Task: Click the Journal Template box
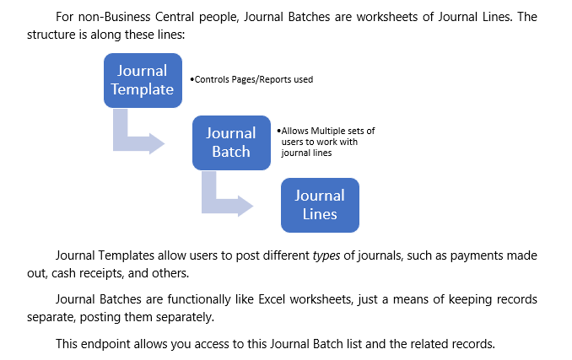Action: click(x=143, y=80)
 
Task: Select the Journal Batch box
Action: click(x=231, y=142)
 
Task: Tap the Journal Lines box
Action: click(x=320, y=205)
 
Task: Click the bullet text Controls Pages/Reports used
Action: click(x=253, y=80)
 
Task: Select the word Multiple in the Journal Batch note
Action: click(x=329, y=131)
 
